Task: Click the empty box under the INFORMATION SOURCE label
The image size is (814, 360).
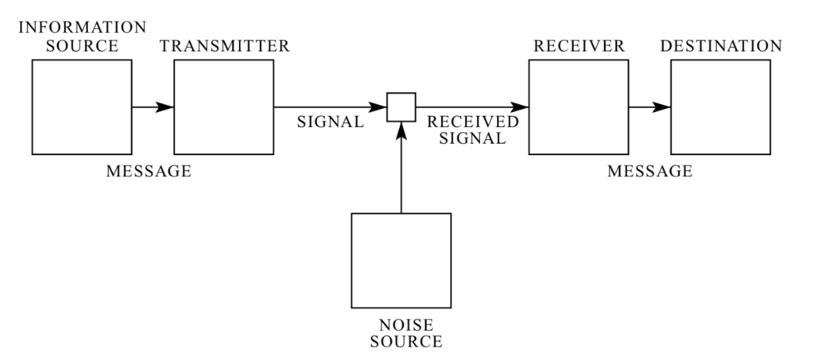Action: tap(83, 106)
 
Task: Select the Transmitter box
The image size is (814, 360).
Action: tap(224, 106)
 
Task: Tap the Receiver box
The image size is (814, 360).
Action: tap(579, 106)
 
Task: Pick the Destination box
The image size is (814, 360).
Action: tap(720, 106)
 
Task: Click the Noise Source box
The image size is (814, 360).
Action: tap(401, 260)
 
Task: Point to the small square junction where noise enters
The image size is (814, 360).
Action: tap(401, 106)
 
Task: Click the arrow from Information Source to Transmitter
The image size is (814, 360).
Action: tap(153, 106)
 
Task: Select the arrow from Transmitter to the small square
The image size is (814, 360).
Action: tap(331, 106)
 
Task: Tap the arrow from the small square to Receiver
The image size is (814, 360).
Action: tap(472, 106)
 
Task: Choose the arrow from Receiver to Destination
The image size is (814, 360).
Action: tap(649, 106)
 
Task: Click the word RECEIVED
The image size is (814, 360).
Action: tap(472, 123)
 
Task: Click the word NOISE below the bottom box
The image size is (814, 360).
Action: tap(401, 326)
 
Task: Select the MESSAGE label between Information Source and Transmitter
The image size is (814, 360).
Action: tap(149, 170)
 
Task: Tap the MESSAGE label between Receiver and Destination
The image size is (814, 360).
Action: tap(649, 170)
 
